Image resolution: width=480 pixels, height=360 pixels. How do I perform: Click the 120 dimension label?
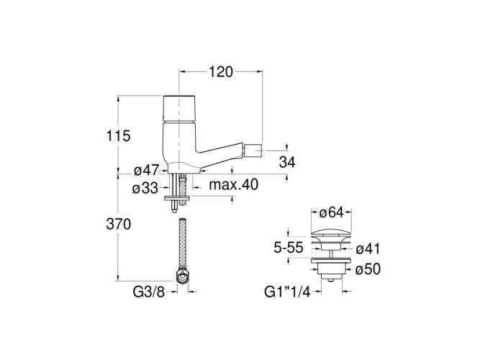tap(221, 72)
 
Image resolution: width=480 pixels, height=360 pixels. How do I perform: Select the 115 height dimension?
tap(118, 136)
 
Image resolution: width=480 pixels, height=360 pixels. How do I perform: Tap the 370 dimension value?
tap(119, 225)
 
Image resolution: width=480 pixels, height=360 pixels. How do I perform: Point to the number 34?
tap(287, 163)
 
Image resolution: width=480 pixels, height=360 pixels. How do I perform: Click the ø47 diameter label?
tap(147, 171)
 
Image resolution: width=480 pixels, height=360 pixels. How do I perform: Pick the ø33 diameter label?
tap(145, 189)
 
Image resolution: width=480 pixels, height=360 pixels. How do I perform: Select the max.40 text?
tap(234, 185)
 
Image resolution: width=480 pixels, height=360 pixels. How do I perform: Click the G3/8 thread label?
tap(149, 292)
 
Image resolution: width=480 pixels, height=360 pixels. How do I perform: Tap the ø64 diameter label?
tap(332, 213)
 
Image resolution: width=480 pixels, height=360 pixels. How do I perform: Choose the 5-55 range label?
tap(289, 248)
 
